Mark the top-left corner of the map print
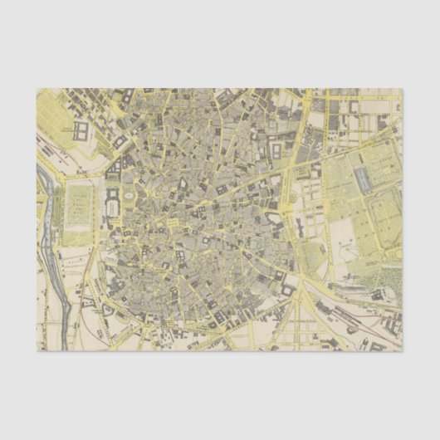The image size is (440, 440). (x=37, y=88)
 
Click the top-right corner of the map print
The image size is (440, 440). (x=403, y=88)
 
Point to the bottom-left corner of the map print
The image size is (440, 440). (x=37, y=351)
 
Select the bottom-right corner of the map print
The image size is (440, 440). (x=403, y=351)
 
